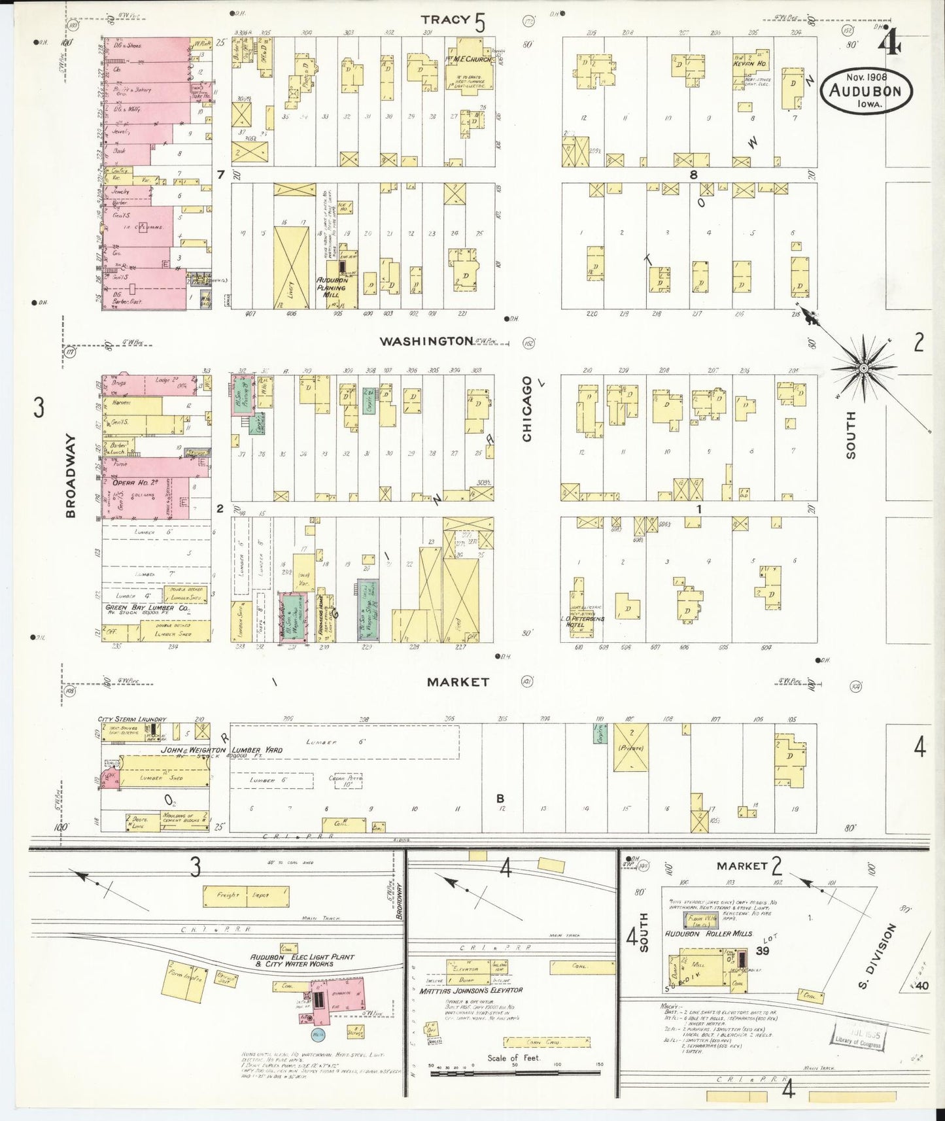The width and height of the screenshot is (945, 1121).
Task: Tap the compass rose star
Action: [x=863, y=368]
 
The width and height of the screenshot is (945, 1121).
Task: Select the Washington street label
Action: [x=426, y=341]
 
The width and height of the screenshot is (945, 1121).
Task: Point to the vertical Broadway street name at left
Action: [x=71, y=475]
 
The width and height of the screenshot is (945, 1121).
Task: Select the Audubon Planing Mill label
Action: [x=335, y=287]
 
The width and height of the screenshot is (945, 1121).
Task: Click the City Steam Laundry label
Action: [x=132, y=719]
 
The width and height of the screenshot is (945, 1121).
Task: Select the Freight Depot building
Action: [x=246, y=895]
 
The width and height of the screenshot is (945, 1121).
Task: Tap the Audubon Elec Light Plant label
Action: [x=302, y=960]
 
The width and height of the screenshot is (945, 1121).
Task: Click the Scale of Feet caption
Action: [x=513, y=1058]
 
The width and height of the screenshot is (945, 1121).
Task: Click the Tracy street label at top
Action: [x=445, y=20]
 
